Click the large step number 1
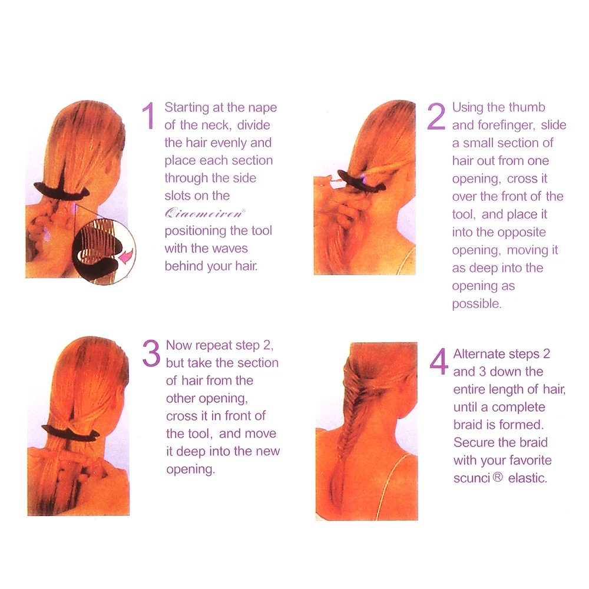click(x=149, y=115)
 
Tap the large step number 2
click(x=436, y=116)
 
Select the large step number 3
click(x=151, y=353)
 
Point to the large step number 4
click(x=439, y=362)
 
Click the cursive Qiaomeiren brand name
click(x=205, y=213)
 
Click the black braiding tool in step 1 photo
click(x=62, y=190)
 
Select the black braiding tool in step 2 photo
click(x=361, y=181)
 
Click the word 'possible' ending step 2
click(x=477, y=304)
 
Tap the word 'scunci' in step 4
click(x=472, y=478)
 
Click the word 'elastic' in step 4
click(x=527, y=478)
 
